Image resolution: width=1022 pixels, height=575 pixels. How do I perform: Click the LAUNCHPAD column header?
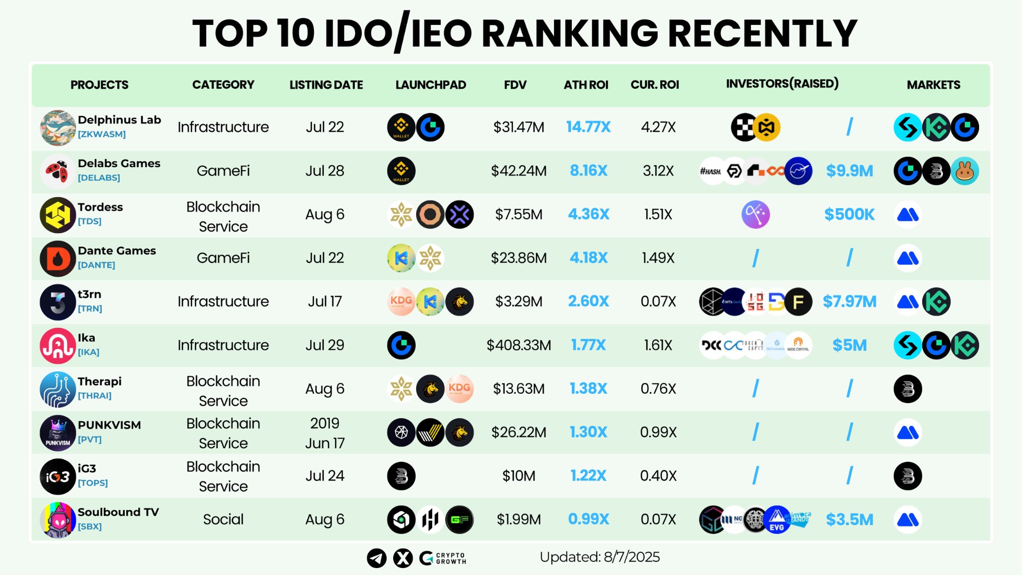431,85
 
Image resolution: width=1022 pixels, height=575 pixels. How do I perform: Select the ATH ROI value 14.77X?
588,127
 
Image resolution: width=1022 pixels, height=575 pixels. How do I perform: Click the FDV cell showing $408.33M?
518,345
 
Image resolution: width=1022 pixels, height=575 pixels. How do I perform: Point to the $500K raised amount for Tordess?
849,214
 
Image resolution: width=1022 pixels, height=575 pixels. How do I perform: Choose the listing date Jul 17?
325,301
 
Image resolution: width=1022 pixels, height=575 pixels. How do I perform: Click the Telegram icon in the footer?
377,558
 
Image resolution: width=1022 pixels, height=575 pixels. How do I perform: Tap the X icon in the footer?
403,558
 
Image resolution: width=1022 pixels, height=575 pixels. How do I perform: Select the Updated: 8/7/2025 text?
599,557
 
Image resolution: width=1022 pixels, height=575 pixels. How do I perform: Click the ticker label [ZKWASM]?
102,134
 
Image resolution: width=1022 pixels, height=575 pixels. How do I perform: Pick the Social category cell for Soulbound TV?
223,520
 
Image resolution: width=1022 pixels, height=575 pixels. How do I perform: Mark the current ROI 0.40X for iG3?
658,476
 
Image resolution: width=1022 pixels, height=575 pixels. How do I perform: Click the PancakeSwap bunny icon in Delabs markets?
965,171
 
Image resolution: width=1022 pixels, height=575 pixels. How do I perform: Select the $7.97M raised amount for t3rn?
849,301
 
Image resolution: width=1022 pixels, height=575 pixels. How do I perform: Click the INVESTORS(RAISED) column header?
782,84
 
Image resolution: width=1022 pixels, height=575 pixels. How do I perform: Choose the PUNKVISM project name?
109,425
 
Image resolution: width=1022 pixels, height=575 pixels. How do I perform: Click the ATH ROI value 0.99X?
588,519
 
